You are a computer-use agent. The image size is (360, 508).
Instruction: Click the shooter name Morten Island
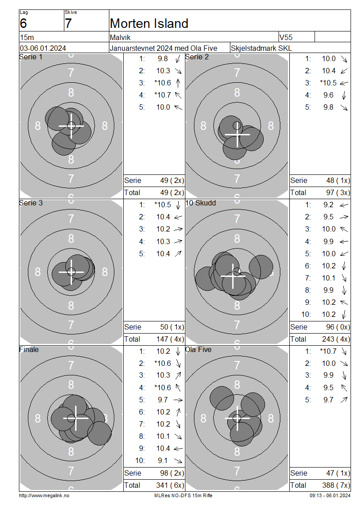coord(149,23)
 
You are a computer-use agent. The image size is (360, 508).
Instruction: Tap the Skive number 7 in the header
coord(68,23)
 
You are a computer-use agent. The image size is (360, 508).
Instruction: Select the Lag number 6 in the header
coord(23,23)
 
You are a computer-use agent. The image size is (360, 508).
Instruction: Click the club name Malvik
coord(120,38)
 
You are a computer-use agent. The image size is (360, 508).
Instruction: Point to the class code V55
coord(286,38)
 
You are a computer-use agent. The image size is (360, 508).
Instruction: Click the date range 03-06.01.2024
coord(43,48)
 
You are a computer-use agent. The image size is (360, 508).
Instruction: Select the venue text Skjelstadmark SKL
coord(261,48)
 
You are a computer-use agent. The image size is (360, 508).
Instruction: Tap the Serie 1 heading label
coord(31,57)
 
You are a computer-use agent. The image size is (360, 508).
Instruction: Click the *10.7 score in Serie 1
coord(162,95)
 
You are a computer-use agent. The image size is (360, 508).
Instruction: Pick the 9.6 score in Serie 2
coord(328,95)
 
